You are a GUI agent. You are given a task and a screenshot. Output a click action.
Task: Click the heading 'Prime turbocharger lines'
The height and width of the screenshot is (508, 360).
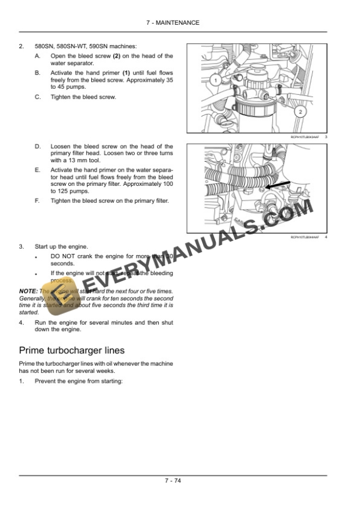pos(71,350)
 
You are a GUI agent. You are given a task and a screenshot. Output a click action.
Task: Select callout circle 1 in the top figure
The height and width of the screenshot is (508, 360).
pos(215,79)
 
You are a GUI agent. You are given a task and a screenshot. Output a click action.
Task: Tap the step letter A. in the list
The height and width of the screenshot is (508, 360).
pos(38,56)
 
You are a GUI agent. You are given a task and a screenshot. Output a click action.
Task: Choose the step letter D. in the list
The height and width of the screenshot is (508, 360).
pos(38,146)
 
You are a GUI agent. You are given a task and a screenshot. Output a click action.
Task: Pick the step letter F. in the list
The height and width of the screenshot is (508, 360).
pos(38,200)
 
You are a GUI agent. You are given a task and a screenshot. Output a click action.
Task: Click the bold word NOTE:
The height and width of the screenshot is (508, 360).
pos(28,291)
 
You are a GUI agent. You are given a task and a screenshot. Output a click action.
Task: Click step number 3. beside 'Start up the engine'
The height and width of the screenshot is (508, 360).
pos(22,246)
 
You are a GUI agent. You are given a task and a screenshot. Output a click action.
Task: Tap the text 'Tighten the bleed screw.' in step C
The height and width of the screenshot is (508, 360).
pos(83,97)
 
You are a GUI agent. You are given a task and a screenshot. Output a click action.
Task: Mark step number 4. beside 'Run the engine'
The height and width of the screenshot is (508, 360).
pos(22,323)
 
